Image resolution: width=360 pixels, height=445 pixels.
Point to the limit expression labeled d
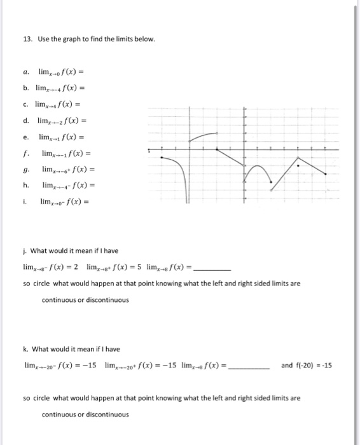62,121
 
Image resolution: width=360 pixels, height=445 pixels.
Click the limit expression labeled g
68,169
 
